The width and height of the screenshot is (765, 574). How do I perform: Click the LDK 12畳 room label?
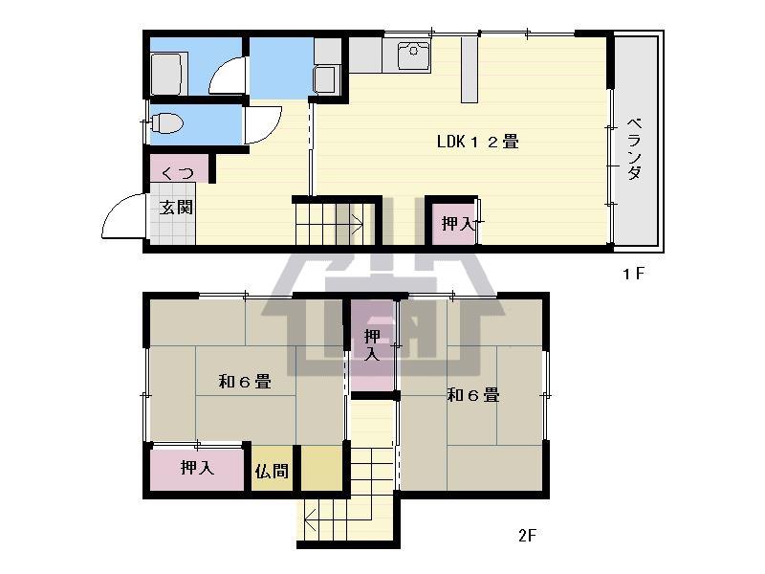[x=477, y=142]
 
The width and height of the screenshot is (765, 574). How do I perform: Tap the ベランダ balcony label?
[x=634, y=148]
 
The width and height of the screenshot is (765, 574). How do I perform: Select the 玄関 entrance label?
[x=176, y=208]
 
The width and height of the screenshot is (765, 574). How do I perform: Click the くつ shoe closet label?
[x=177, y=172]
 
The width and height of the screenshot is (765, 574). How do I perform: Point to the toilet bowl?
[x=166, y=123]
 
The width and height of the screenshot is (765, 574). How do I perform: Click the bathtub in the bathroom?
[x=169, y=74]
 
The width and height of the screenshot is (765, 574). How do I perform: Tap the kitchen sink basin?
[x=413, y=56]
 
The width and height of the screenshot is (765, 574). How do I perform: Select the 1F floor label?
[x=633, y=274]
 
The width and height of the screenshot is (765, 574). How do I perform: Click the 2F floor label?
[x=528, y=536]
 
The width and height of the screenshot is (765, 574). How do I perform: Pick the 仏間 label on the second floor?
[x=272, y=471]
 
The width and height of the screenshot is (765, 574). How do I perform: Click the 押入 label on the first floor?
[x=458, y=224]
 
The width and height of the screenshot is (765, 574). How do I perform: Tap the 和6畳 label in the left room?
[x=245, y=381]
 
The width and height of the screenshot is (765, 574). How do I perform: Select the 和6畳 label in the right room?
[x=473, y=394]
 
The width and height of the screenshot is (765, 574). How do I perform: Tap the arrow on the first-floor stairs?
[x=348, y=225]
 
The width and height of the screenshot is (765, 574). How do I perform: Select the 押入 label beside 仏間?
[x=197, y=467]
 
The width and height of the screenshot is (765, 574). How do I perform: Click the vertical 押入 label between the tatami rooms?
[x=372, y=345]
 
